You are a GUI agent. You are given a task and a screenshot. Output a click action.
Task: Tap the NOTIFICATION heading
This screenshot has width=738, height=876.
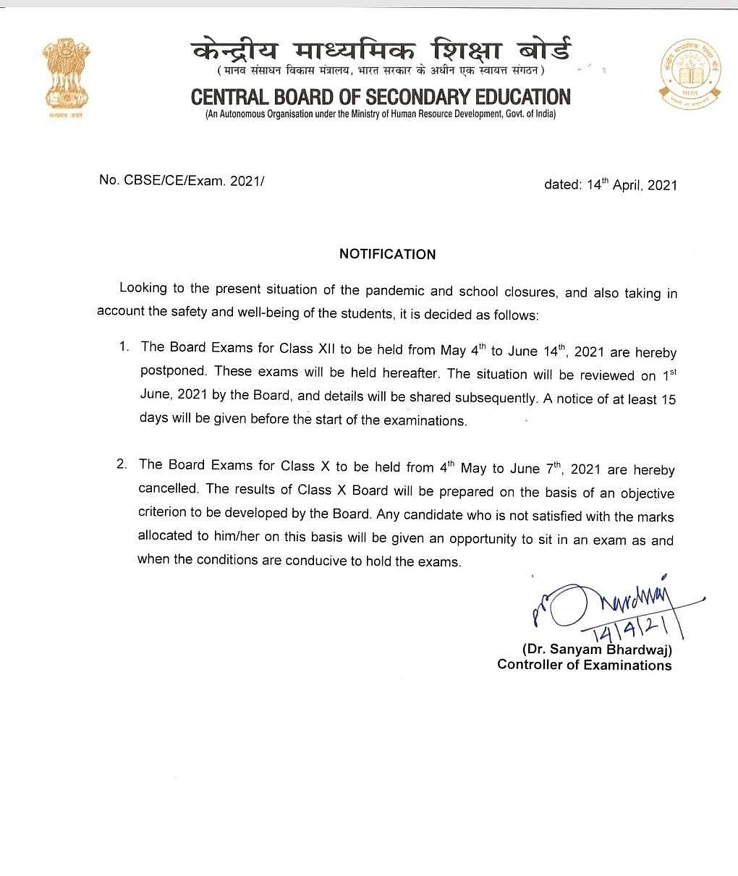388,254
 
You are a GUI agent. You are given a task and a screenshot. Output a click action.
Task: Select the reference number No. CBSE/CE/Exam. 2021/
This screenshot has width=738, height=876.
182,180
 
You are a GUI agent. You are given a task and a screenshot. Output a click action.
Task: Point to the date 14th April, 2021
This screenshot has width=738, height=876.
610,184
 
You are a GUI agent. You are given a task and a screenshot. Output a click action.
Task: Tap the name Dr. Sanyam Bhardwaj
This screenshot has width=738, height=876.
597,650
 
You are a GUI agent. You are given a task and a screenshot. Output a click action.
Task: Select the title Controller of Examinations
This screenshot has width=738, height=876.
584,665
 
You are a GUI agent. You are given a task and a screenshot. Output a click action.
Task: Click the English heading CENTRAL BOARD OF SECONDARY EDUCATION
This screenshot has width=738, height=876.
381,97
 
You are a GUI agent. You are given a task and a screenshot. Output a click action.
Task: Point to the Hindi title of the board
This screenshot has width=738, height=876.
381,51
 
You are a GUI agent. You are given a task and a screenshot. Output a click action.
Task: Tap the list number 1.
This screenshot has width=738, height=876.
124,346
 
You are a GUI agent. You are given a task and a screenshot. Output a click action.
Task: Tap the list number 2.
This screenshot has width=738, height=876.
122,464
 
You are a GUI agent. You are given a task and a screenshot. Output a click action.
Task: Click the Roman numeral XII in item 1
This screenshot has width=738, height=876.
325,348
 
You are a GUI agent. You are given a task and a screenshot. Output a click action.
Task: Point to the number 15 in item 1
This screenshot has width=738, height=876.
668,399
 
